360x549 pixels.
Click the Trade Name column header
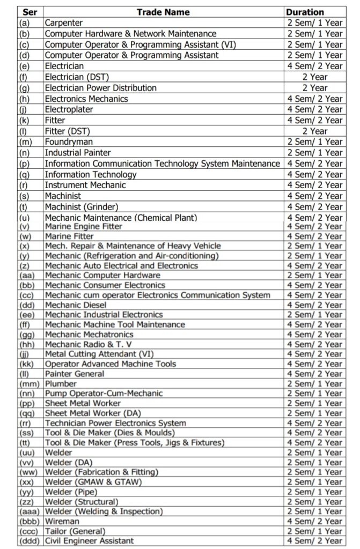[x=163, y=11]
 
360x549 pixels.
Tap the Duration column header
[x=305, y=11]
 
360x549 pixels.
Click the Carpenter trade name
[x=64, y=23]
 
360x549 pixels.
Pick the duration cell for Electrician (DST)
[x=314, y=77]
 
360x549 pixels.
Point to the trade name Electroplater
[x=69, y=109]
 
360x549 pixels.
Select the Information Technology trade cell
[x=90, y=174]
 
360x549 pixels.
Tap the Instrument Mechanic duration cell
[x=314, y=185]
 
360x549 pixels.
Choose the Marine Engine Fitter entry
[x=83, y=226]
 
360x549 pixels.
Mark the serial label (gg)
[x=27, y=334]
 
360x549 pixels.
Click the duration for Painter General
[x=314, y=374]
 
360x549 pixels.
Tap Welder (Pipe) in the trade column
[x=71, y=492]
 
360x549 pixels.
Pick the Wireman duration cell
[x=314, y=521]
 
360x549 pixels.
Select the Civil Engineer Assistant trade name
[x=89, y=540]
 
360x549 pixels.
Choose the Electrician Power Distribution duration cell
[x=314, y=87]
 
